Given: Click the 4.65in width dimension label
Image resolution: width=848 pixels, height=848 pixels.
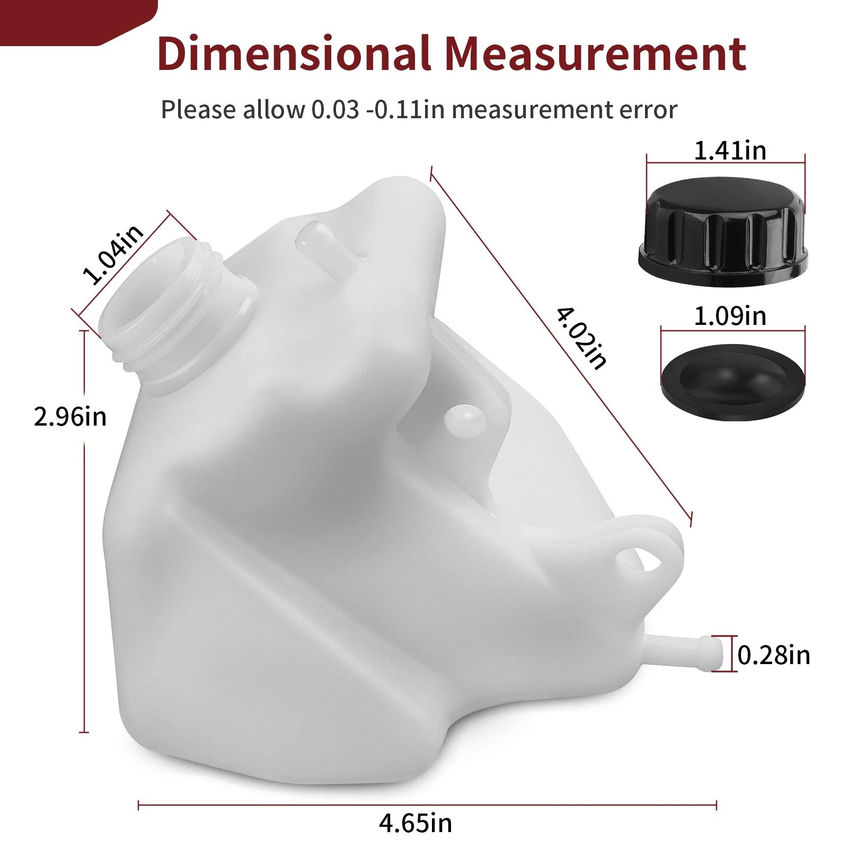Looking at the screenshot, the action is point(416,823).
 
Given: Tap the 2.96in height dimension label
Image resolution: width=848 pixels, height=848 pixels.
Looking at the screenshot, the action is point(70,417).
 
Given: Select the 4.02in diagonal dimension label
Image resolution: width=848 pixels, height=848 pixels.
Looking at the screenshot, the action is point(581,338).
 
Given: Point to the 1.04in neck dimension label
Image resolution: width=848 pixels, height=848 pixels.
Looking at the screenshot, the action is point(113,254).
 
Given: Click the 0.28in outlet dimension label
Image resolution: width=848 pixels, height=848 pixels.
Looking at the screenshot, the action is point(774,656).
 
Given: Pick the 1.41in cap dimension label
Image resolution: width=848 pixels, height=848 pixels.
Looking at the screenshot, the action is point(730,151).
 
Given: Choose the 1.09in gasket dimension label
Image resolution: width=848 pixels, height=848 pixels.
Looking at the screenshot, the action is point(730,316).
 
